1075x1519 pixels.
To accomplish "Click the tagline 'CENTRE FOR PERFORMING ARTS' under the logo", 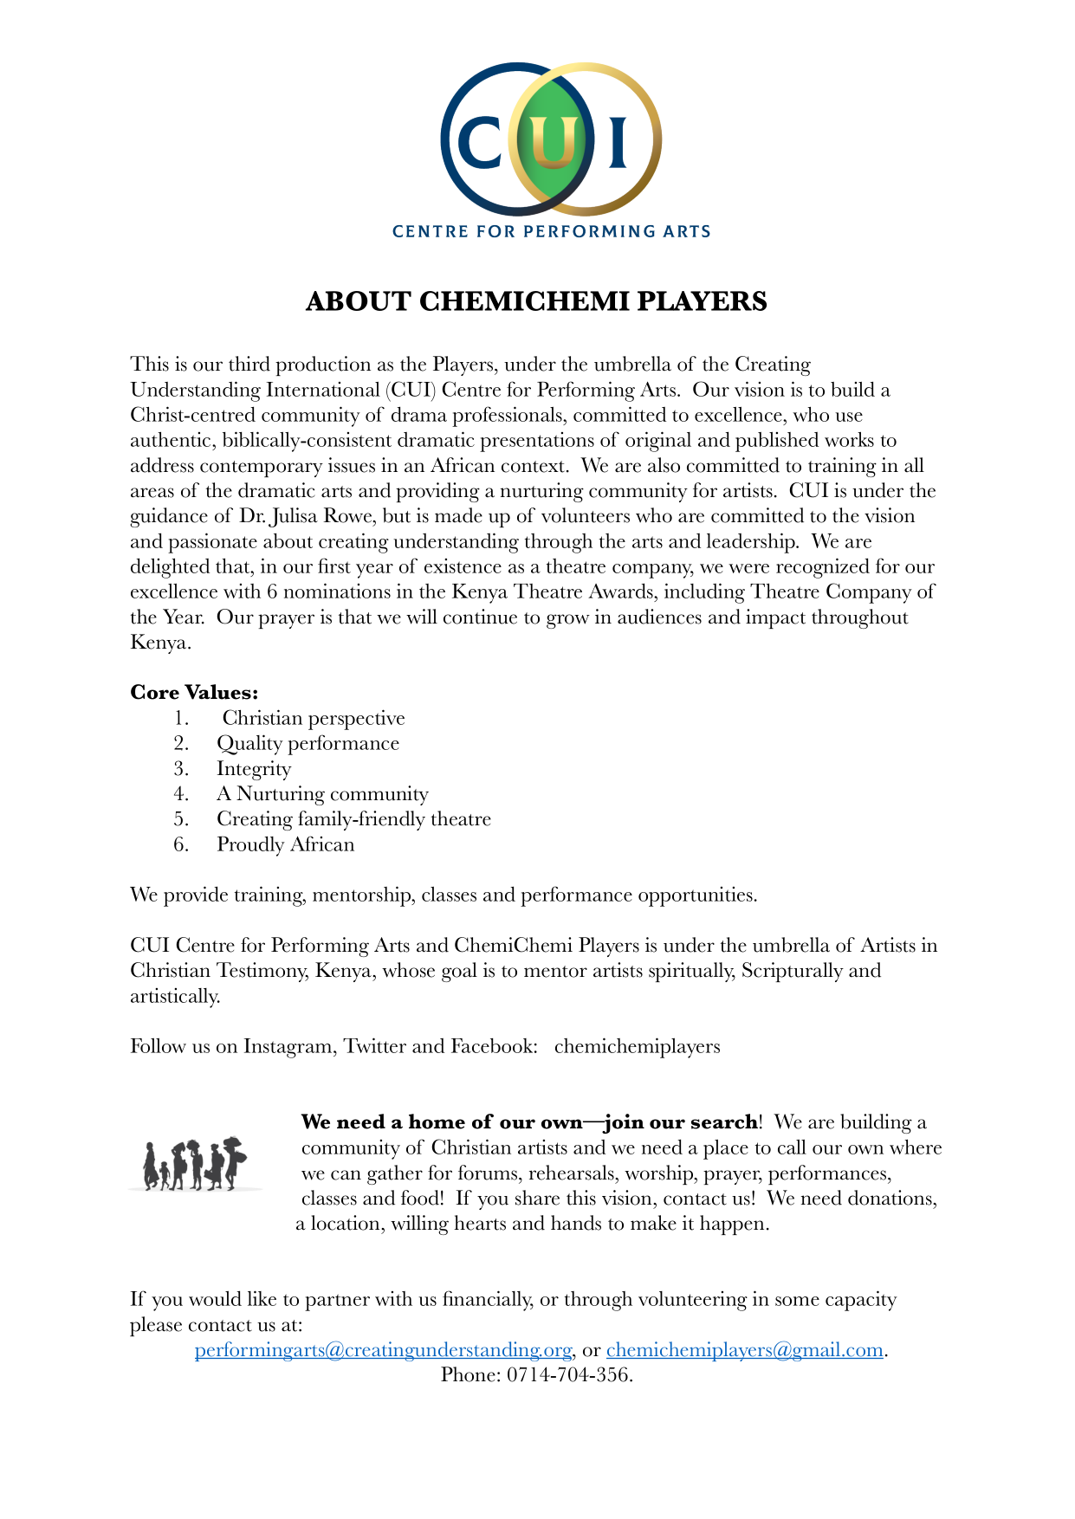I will tap(551, 231).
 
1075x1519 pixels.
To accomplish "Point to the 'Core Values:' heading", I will tap(194, 693).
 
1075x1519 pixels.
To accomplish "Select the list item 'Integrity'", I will tap(254, 769).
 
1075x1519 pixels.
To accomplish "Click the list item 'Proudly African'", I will tap(285, 844).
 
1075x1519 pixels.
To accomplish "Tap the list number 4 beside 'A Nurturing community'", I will tap(180, 794).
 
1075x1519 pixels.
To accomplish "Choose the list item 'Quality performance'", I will tap(308, 744).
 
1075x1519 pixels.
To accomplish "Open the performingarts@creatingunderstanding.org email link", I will tap(383, 1350).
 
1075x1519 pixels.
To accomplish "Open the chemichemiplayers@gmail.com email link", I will tap(744, 1350).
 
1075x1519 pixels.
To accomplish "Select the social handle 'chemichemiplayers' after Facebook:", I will tap(637, 1046).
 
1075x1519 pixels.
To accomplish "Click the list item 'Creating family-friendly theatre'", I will tap(353, 819).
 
